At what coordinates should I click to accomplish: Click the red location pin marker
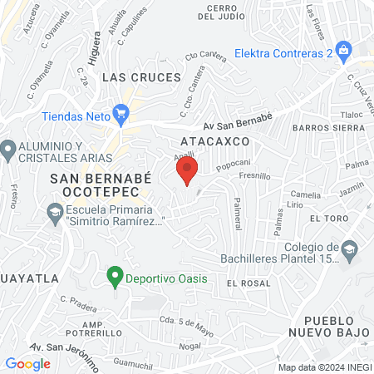pyautogui.click(x=187, y=170)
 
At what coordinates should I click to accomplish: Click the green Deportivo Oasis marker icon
pyautogui.click(x=116, y=278)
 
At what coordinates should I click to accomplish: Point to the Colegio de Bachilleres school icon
pyautogui.click(x=349, y=248)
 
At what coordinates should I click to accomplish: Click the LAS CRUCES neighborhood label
pyautogui.click(x=141, y=76)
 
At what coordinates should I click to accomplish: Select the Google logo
pyautogui.click(x=28, y=363)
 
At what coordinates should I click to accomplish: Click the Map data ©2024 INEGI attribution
pyautogui.click(x=323, y=367)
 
